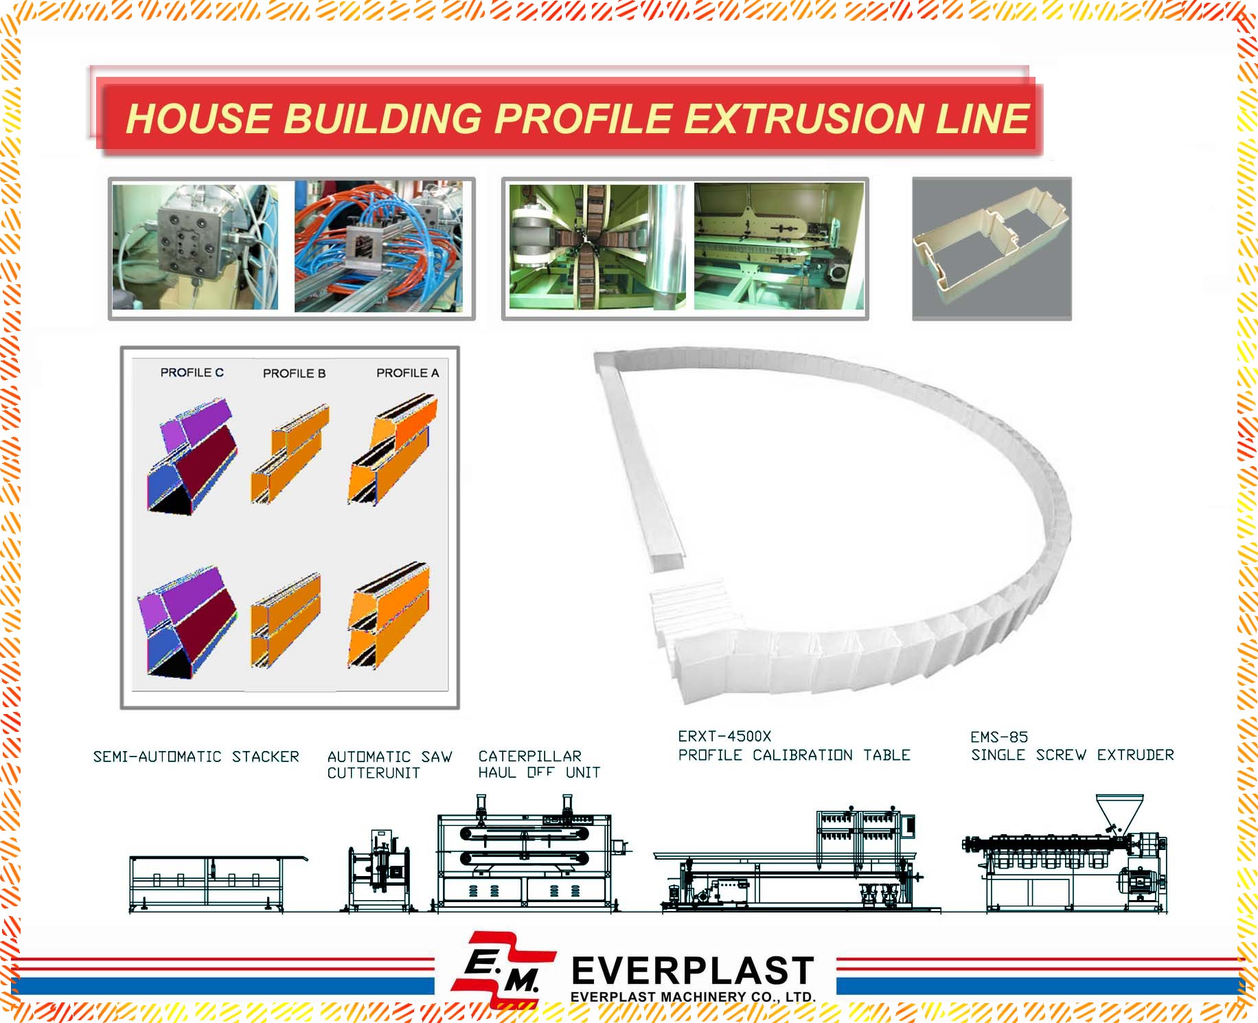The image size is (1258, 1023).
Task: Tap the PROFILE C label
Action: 192,373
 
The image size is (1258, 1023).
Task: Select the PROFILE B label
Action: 294,373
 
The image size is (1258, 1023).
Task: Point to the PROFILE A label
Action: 407,373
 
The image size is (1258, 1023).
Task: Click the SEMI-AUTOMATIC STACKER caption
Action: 196,757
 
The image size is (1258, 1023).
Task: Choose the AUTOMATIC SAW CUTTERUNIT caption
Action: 389,765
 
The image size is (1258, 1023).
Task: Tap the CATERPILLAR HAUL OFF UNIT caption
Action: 539,764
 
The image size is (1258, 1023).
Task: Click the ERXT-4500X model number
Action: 724,736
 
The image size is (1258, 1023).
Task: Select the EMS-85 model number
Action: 999,737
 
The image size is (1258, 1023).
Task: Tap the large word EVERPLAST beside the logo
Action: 692,971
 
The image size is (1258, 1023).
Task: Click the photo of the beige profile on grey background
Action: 992,249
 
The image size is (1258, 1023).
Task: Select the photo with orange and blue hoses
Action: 378,246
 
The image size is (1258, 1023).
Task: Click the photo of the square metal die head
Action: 195,246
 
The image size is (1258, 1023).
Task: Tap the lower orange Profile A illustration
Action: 389,615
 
